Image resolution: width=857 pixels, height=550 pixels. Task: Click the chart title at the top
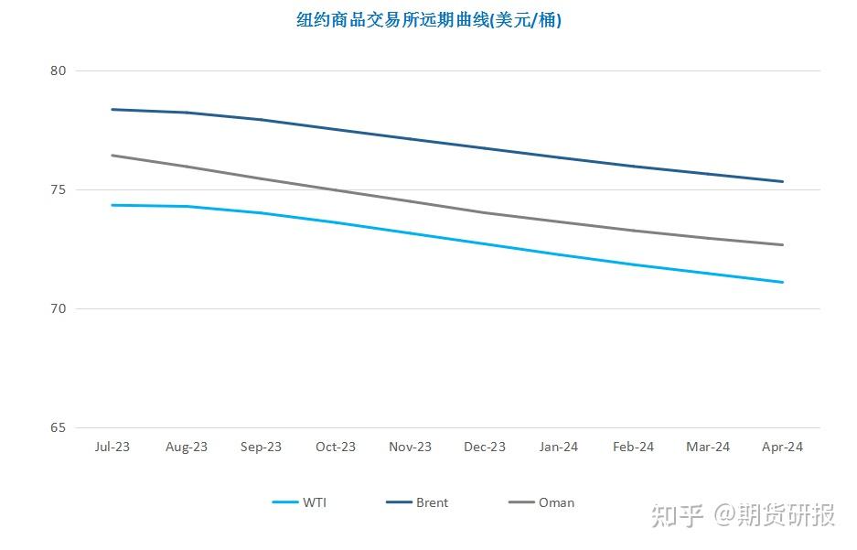coord(429,20)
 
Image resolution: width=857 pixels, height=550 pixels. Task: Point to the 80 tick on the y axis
coord(58,70)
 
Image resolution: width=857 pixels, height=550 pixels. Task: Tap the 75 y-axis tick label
coord(58,189)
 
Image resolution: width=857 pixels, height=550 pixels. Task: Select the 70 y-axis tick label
coord(58,309)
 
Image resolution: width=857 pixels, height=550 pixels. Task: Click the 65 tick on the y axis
coord(58,427)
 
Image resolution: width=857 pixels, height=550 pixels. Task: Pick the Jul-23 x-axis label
coord(112,447)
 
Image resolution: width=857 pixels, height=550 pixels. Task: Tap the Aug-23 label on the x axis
coord(187,447)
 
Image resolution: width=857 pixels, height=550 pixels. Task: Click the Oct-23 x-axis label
coord(336,447)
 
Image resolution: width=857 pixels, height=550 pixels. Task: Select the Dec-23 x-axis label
coord(485,447)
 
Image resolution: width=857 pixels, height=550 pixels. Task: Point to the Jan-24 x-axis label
coord(559,447)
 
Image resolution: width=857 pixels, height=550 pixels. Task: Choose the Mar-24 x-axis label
coord(708,447)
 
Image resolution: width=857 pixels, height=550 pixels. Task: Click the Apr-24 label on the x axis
coord(783,447)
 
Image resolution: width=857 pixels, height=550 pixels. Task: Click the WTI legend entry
coord(299,502)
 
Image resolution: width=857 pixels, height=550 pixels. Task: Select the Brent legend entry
coord(417,502)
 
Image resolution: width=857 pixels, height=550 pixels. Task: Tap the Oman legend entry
coord(541,502)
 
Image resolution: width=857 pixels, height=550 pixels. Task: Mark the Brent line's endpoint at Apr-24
coord(783,181)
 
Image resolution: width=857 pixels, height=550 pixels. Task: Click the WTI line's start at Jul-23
coord(112,205)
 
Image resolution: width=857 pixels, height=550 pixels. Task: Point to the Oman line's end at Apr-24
coord(783,245)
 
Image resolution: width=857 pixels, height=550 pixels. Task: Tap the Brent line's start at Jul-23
coord(112,109)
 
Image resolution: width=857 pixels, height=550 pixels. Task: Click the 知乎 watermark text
coord(677,515)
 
